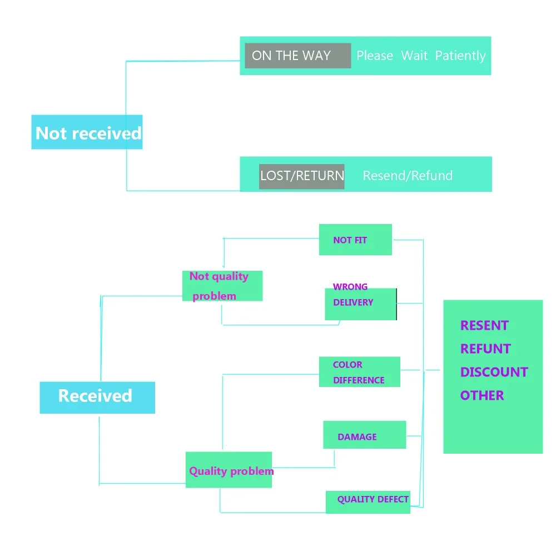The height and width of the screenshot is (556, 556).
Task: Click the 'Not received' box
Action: point(87,132)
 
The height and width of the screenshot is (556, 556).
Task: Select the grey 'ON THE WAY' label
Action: point(298,56)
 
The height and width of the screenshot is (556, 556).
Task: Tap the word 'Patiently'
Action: point(460,56)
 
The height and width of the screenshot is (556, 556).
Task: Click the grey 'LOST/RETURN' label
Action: point(302,176)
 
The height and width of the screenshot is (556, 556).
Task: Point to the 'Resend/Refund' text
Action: point(408,176)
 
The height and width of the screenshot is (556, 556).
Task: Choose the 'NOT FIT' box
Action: point(355,239)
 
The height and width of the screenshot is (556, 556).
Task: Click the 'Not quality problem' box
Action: point(222,286)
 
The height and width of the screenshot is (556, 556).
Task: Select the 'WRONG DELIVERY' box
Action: point(361,304)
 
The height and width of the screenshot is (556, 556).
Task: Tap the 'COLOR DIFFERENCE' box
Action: point(360,371)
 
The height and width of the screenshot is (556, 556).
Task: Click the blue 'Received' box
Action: point(97,398)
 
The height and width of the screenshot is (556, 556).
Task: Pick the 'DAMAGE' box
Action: point(365,435)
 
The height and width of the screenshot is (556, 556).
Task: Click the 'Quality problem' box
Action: point(229,469)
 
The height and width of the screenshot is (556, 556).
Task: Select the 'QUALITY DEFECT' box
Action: point(368,502)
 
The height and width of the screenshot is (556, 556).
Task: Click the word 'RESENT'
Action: point(484,325)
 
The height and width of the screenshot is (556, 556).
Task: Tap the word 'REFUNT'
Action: point(485,349)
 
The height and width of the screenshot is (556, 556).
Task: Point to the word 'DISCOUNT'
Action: point(494,372)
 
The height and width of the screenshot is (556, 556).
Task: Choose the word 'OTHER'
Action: point(482,395)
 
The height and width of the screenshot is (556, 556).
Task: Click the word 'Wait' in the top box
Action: point(414,56)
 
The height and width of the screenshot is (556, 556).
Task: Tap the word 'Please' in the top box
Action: point(375,56)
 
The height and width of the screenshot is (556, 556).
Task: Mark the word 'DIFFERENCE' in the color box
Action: point(359,380)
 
